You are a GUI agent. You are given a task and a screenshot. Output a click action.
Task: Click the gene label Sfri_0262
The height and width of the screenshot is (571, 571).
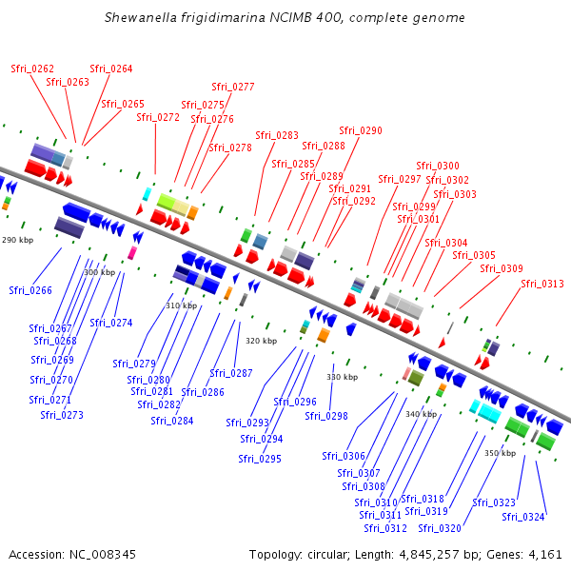point(32,69)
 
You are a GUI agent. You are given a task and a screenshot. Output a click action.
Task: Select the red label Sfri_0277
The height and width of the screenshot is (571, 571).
point(233,87)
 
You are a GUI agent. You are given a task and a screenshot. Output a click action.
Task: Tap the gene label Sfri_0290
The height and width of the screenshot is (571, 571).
point(361,130)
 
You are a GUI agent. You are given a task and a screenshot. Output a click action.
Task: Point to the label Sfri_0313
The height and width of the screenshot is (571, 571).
point(542,284)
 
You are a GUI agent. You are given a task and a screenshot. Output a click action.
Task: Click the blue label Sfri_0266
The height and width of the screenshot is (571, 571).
point(30,290)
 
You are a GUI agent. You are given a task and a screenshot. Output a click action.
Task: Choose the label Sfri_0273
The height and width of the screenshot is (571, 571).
point(62,415)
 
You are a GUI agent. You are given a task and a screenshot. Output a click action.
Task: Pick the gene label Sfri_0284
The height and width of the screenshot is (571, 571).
point(172,421)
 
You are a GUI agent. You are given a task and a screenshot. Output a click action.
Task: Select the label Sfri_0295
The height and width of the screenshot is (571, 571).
point(260,459)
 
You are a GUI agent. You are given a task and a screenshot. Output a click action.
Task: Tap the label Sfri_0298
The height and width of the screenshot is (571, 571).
point(326,416)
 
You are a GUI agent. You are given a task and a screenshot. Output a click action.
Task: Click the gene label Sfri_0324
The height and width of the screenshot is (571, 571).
point(523,517)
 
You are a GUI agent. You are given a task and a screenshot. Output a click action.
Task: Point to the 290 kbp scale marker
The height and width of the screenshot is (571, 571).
point(18,240)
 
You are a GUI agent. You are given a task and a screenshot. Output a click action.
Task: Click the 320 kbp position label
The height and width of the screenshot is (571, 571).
point(262,341)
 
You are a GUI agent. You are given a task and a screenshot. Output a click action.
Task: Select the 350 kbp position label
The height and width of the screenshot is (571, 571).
point(501,453)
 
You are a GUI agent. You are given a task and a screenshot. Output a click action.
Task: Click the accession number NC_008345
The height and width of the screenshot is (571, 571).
point(103,555)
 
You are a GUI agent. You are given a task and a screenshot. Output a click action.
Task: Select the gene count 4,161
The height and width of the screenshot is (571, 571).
point(545,555)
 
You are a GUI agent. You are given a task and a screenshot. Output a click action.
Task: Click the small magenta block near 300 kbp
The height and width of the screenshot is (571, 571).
point(132,253)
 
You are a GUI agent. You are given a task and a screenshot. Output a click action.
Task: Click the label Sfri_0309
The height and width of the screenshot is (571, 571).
point(502,268)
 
